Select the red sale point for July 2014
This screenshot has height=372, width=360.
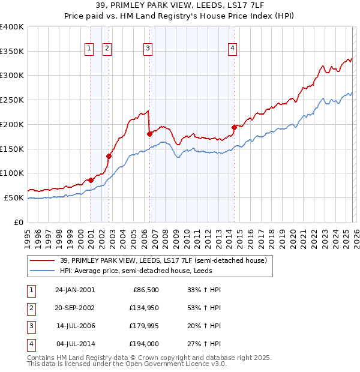coord(234,127)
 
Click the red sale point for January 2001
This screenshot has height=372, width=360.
coord(91,179)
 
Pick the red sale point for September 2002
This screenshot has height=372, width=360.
coord(109,156)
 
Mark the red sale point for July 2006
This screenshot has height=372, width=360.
coord(149,134)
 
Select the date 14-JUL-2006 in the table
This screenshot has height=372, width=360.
coord(76,326)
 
